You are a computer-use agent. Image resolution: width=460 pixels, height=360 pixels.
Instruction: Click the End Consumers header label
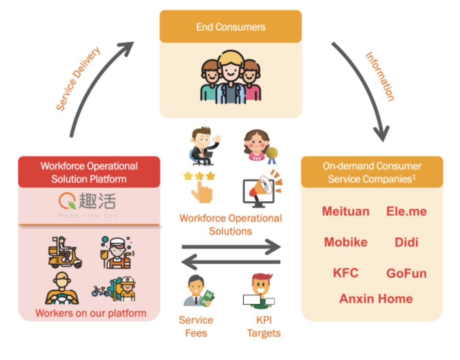pyautogui.click(x=230, y=27)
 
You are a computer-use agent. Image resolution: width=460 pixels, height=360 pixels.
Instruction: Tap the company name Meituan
pyautogui.click(x=345, y=211)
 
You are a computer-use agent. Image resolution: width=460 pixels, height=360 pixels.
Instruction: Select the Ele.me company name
pyautogui.click(x=406, y=211)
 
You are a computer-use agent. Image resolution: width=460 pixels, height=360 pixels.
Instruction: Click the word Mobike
pyautogui.click(x=345, y=242)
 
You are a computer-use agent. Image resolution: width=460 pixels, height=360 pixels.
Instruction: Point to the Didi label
pyautogui.click(x=406, y=242)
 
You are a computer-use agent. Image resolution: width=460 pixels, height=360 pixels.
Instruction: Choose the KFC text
pyautogui.click(x=345, y=273)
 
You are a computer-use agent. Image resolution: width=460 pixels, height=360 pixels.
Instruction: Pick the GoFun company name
pyautogui.click(x=406, y=273)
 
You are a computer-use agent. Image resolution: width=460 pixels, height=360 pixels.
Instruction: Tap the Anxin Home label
pyautogui.click(x=376, y=299)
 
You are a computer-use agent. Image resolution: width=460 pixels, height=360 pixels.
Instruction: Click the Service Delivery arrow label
pyautogui.click(x=78, y=79)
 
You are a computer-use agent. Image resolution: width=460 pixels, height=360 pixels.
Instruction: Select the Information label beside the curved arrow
pyautogui.click(x=379, y=76)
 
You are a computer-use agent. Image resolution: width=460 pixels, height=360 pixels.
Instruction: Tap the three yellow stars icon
pyautogui.click(x=199, y=176)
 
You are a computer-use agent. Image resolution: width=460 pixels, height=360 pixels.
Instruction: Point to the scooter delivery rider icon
pyautogui.click(x=65, y=252)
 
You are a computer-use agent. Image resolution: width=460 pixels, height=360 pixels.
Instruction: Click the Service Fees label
pyautogui.click(x=196, y=326)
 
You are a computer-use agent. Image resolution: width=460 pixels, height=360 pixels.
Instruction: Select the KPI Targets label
pyautogui.click(x=264, y=326)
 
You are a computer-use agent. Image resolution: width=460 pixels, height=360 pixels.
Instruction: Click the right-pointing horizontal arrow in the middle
pyautogui.click(x=231, y=247)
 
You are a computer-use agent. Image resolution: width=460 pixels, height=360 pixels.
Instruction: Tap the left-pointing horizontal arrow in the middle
pyautogui.click(x=231, y=262)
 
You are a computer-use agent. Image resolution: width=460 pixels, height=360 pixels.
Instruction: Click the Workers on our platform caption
pyautogui.click(x=91, y=313)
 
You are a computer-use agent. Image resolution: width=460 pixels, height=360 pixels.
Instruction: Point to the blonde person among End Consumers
pyautogui.click(x=230, y=77)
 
